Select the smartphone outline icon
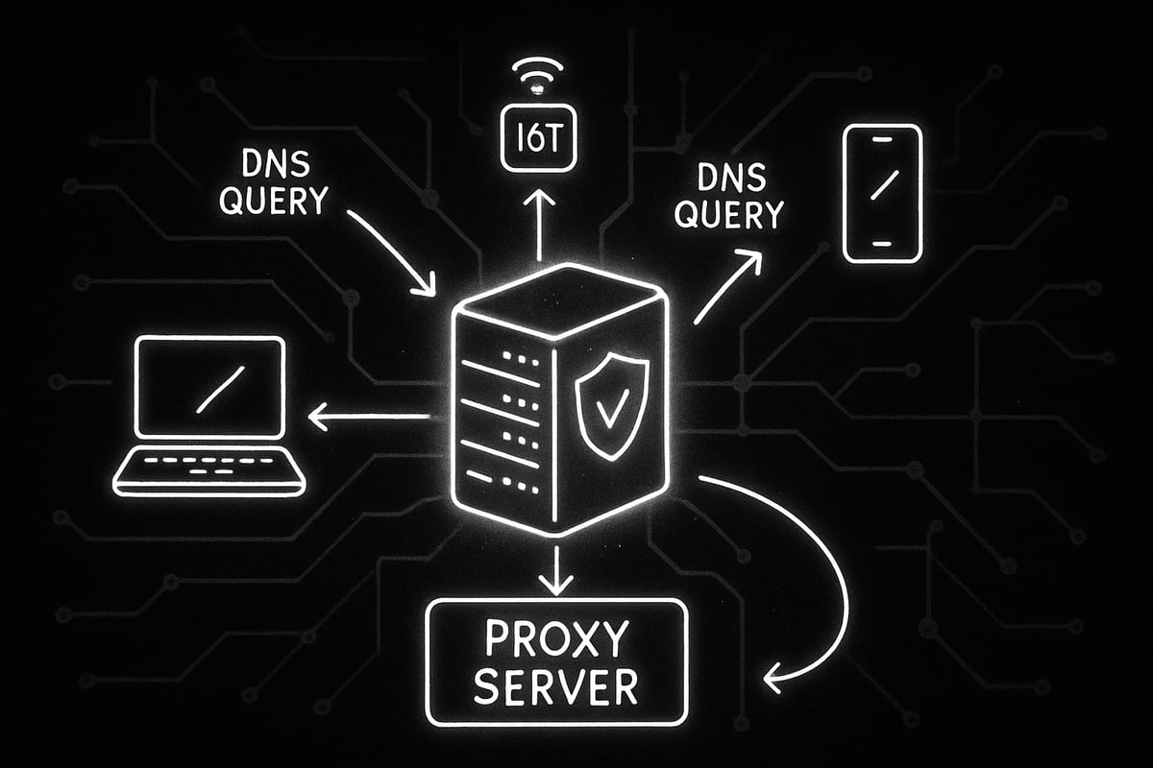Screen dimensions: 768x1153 pyautogui.click(x=881, y=193)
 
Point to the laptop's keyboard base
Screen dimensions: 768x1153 pyautogui.click(x=209, y=470)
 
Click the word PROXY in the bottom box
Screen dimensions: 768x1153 pyautogui.click(x=556, y=639)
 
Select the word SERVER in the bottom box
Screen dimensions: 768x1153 pyautogui.click(x=556, y=686)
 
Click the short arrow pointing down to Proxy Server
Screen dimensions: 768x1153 pyautogui.click(x=556, y=570)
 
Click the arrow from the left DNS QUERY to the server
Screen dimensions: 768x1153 pyautogui.click(x=390, y=250)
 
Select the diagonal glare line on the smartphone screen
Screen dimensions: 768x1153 pyautogui.click(x=881, y=183)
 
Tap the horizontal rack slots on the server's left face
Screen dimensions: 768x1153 pyautogui.click(x=500, y=413)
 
